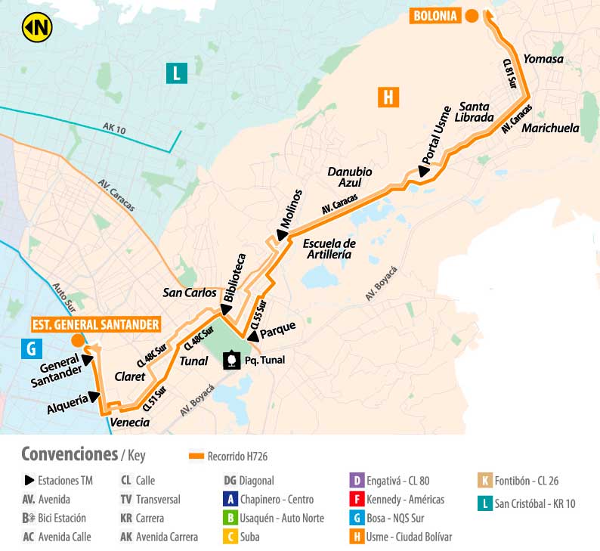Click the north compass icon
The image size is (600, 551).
[x=36, y=29]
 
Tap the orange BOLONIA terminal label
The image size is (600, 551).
[x=435, y=16]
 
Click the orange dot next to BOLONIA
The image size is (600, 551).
[x=472, y=16]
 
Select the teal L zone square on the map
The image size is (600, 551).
[x=176, y=73]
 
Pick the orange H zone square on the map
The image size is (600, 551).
[x=387, y=97]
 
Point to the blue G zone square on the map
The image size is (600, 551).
[x=31, y=348]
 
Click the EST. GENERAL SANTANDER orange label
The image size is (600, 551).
[x=96, y=325]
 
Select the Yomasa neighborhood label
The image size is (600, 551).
[x=543, y=59]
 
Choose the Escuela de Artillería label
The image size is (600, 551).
[x=329, y=249]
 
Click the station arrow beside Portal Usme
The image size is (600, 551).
[x=424, y=172]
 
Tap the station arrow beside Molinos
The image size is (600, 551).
[x=281, y=236]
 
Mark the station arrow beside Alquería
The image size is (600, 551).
[x=94, y=396]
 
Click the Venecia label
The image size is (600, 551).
[x=129, y=423]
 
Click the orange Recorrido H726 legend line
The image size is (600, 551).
[x=196, y=457]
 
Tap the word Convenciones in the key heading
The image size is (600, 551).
[x=68, y=454]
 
